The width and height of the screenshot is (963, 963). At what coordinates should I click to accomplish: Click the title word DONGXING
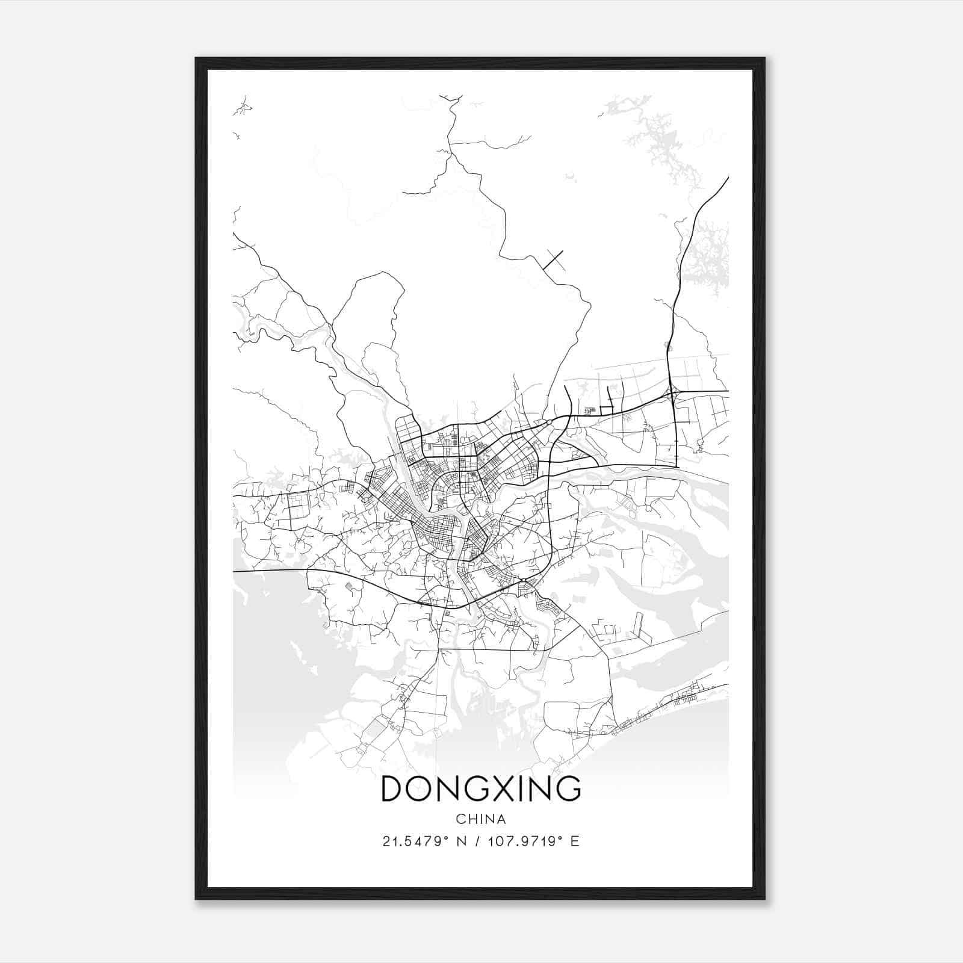click(481, 789)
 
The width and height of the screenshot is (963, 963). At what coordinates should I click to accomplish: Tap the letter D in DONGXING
click(394, 789)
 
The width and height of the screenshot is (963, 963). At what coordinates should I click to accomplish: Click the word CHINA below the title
click(481, 819)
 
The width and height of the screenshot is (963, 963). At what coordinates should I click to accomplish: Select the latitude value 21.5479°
click(416, 841)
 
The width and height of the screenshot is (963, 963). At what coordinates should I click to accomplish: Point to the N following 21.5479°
click(462, 841)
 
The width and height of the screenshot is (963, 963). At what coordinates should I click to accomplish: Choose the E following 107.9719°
click(575, 841)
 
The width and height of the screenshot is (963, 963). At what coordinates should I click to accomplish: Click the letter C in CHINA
click(460, 819)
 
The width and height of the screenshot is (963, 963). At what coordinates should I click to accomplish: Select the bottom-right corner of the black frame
click(764, 899)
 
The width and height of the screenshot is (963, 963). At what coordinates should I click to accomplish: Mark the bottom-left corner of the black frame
click(196, 899)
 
